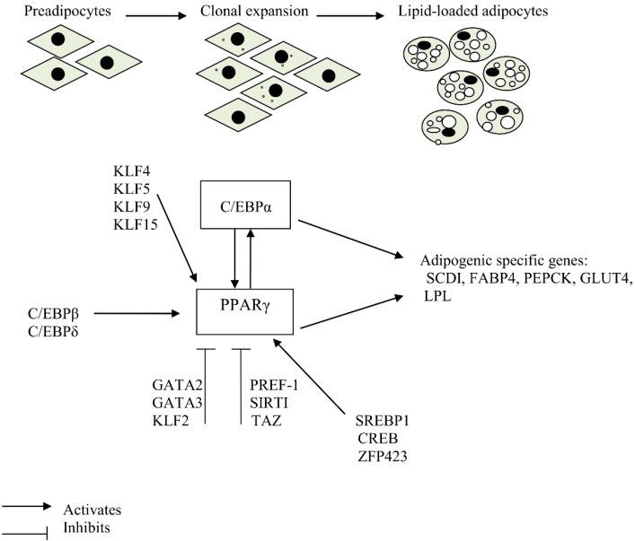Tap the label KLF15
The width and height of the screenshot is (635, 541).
point(136,223)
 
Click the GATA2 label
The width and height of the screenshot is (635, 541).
point(175,385)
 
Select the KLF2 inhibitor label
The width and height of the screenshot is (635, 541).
point(172,419)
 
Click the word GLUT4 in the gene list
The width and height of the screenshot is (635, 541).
point(608,278)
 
